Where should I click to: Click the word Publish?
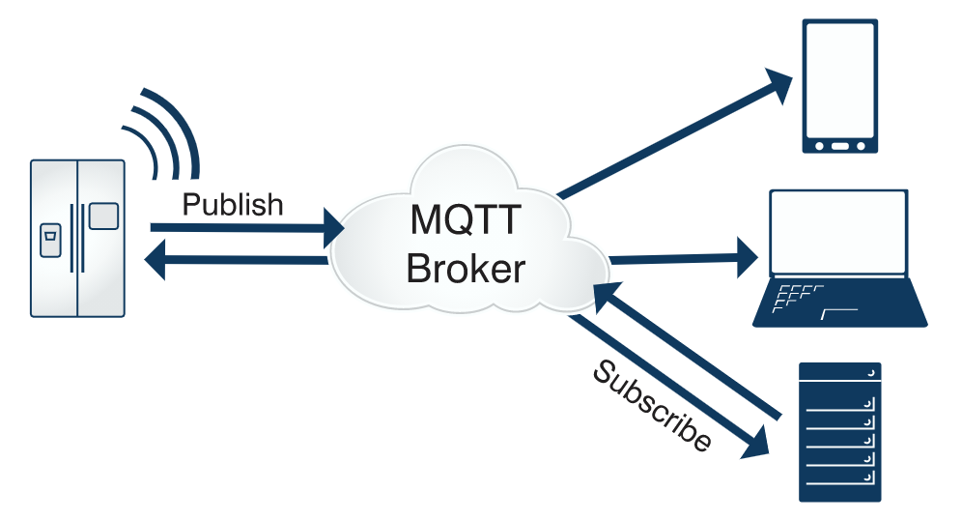pyautogui.click(x=233, y=205)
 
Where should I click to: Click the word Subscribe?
pyautogui.click(x=653, y=406)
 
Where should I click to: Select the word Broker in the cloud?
pyautogui.click(x=467, y=268)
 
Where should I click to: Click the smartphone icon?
pyautogui.click(x=840, y=87)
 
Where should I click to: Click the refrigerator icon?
pyautogui.click(x=77, y=238)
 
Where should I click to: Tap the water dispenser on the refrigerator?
pyautogui.click(x=50, y=240)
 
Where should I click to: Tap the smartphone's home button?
pyautogui.click(x=840, y=146)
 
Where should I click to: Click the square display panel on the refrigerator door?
pyautogui.click(x=103, y=215)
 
